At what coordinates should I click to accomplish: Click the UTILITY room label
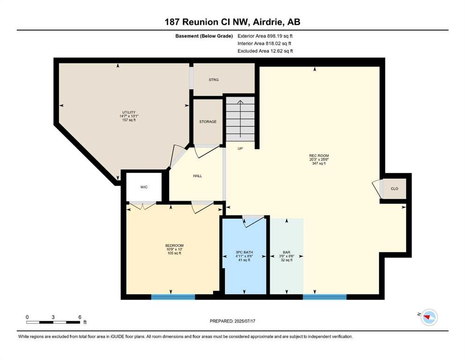(x=129, y=112)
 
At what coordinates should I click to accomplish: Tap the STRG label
(x=214, y=80)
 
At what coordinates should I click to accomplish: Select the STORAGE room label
(x=208, y=122)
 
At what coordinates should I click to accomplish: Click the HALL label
(x=198, y=176)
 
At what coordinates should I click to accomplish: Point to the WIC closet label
(x=144, y=187)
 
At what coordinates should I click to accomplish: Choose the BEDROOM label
(x=174, y=246)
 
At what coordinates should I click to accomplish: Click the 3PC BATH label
(x=244, y=252)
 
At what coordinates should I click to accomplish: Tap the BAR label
(x=287, y=252)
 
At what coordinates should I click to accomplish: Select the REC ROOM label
(x=319, y=156)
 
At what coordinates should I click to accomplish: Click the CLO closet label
(x=394, y=188)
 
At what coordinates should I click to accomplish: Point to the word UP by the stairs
(x=240, y=149)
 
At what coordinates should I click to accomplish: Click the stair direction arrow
(x=240, y=119)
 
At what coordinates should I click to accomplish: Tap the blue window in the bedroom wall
(x=173, y=297)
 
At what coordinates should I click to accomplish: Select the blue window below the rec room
(x=325, y=297)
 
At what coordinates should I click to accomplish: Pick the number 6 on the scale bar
(x=80, y=317)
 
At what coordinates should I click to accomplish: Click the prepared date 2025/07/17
(x=244, y=321)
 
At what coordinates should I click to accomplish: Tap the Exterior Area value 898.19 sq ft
(x=280, y=36)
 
